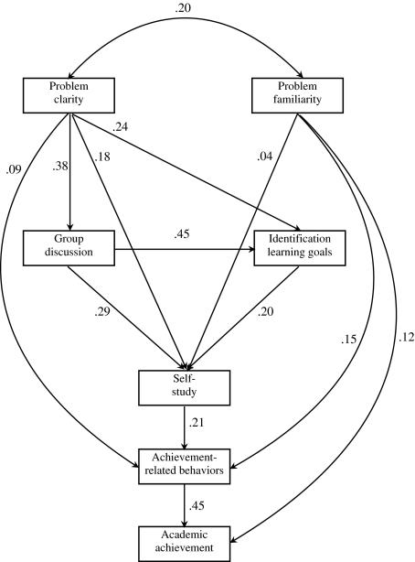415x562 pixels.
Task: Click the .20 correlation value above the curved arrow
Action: (x=183, y=9)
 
